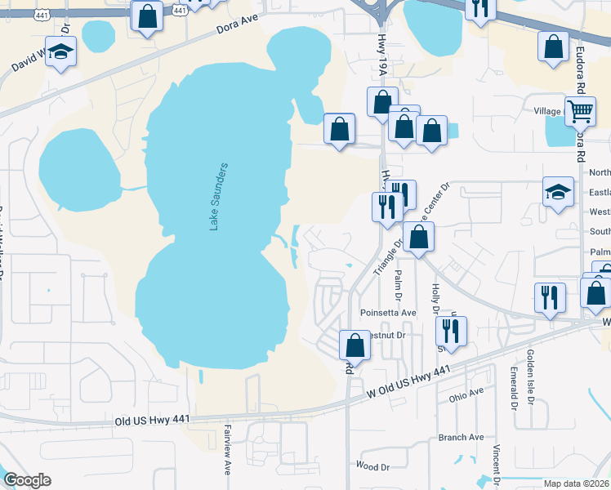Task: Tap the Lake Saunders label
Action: tap(218, 196)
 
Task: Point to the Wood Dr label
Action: tap(372, 466)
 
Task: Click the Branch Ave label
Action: tap(461, 438)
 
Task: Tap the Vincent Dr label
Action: tap(496, 466)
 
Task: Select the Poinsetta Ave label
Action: tap(388, 313)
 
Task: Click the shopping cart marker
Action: tap(580, 110)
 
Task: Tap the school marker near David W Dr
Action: tap(60, 52)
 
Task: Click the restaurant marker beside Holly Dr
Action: tap(450, 331)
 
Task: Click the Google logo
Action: tap(27, 480)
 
